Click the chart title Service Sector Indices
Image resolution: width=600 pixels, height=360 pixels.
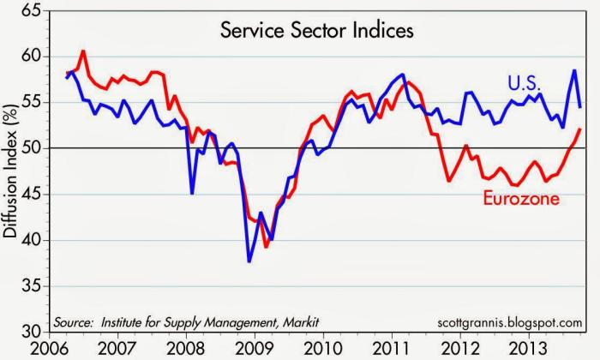318,32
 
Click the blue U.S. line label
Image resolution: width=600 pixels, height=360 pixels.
525,83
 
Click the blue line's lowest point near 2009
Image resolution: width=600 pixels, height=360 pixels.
249,261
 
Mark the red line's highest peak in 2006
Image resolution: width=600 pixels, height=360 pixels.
82,51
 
